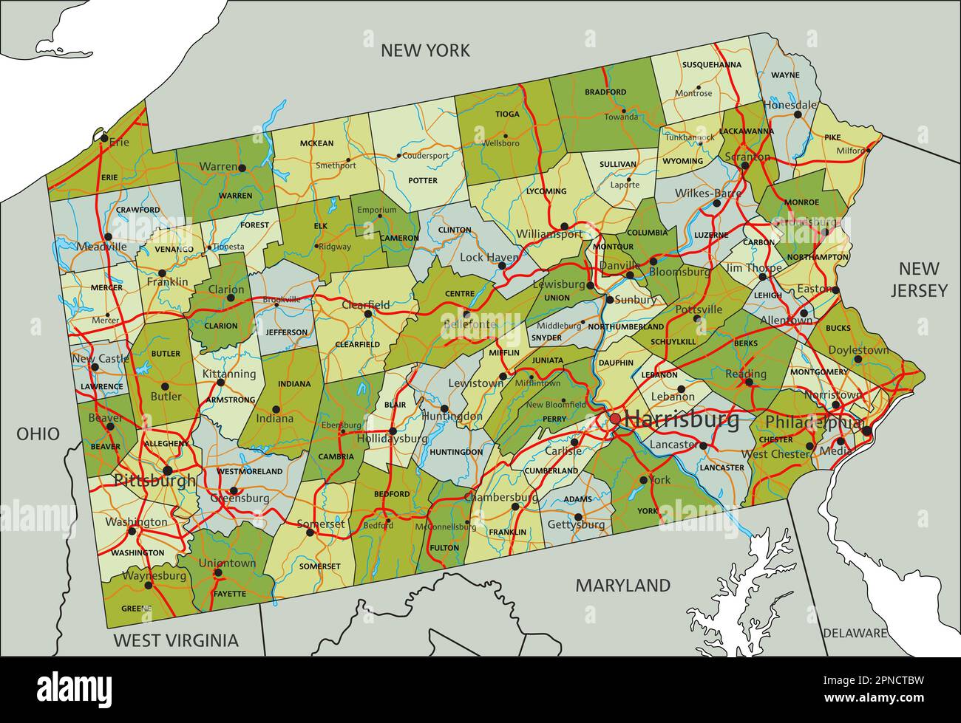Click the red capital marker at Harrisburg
point(615,419)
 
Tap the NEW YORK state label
point(425,50)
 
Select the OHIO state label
point(38,434)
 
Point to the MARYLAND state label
point(623,586)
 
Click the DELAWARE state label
point(855,633)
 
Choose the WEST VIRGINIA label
point(176,640)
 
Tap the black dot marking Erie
point(104,138)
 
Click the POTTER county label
point(423,180)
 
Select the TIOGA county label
point(507,114)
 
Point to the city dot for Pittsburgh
point(169,470)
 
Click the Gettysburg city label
point(577,525)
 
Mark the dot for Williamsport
point(564,226)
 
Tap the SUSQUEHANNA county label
point(711,65)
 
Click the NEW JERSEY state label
point(919,279)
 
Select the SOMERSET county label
point(319,566)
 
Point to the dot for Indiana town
point(276,408)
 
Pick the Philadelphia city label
point(814,422)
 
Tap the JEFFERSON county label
point(286,332)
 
